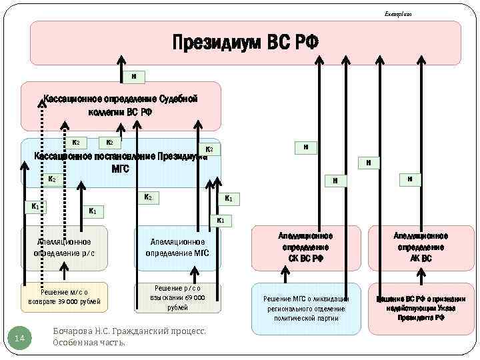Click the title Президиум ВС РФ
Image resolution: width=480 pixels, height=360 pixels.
click(245, 43)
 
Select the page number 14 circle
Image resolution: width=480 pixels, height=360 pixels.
click(19, 339)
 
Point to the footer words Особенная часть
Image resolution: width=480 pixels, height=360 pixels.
click(89, 343)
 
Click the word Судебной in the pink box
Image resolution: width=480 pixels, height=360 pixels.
click(173, 99)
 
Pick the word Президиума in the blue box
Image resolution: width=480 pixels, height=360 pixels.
click(180, 158)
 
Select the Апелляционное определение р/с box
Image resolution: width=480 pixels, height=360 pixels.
click(64, 247)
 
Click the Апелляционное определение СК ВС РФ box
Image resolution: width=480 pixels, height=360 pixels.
click(306, 247)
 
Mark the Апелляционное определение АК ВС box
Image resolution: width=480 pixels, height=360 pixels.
click(421, 247)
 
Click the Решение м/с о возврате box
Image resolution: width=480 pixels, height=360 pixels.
click(64, 297)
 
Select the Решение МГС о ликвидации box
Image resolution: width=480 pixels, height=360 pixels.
click(306, 308)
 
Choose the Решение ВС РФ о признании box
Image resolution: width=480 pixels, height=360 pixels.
click(421, 308)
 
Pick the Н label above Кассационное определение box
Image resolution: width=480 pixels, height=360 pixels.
click(134, 76)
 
